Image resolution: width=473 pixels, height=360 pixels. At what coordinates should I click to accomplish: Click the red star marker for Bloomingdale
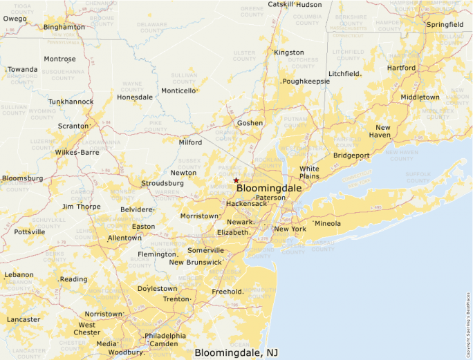point(236,180)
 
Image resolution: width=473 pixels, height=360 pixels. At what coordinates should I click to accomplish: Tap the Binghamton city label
point(64,27)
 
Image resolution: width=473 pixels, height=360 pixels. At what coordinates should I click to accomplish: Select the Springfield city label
point(445,24)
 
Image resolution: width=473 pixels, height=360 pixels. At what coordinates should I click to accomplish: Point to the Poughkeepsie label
point(306,81)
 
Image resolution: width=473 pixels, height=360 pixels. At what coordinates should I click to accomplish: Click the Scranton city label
point(73,126)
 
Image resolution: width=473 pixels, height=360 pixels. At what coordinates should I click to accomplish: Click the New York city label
point(290,229)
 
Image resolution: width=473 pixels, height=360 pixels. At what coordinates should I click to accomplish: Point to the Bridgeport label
point(351,155)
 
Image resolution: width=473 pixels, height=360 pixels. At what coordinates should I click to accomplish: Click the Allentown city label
point(124,238)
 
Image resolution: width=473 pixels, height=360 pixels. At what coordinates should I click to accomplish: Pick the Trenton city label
point(176,299)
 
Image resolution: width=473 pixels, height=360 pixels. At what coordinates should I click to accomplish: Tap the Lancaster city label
point(23,319)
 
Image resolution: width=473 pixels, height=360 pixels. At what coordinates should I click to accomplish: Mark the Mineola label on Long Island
point(328,224)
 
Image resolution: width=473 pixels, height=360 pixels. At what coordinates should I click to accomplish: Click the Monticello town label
point(178,91)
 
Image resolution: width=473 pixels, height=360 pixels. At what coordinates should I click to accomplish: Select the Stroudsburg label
point(162,183)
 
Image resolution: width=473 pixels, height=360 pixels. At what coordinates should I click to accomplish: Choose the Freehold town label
point(227,292)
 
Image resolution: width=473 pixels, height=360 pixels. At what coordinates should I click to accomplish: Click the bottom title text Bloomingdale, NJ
point(236,352)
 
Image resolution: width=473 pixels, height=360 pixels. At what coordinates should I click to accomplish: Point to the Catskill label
point(281,4)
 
